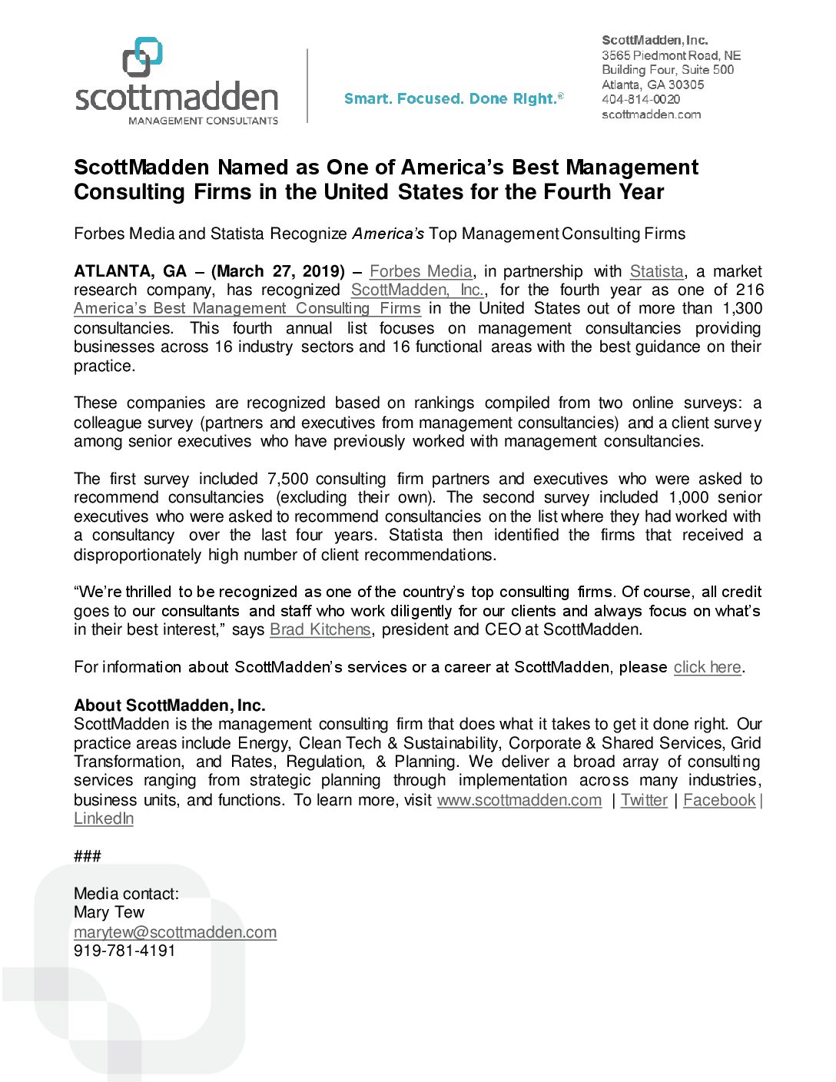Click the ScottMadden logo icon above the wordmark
coord(143,57)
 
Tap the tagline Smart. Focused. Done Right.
coord(453,98)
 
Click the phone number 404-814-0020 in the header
coord(641,99)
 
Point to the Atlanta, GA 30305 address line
coord(652,85)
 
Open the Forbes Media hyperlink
coord(420,271)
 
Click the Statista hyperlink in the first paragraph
coord(656,271)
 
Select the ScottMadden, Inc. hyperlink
coord(417,290)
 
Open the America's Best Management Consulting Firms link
coord(247,308)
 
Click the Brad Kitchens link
coord(320,629)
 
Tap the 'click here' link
coord(707,667)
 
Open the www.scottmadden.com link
coord(519,800)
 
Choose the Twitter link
coord(644,800)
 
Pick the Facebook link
coord(719,800)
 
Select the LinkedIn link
coord(104,818)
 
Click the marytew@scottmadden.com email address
coord(175,932)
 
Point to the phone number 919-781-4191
coord(124,951)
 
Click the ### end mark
coord(88,856)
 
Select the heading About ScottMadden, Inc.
coord(169,705)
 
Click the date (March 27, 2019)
coord(278,271)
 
